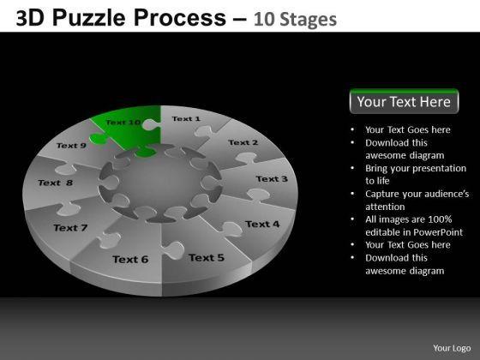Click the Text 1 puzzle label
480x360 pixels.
point(186,119)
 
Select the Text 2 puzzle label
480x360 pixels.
point(243,142)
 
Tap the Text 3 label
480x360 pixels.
point(272,179)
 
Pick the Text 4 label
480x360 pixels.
point(262,224)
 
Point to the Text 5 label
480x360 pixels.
point(207,258)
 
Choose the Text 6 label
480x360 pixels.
point(130,260)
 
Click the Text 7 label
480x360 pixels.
point(70,228)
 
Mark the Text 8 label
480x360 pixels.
point(56,183)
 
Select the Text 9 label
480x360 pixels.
point(71,146)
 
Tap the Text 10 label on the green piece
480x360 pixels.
point(123,123)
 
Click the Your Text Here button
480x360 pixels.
point(404,101)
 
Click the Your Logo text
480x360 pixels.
point(452,348)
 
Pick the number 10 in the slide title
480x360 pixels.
point(263,19)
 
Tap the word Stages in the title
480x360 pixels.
point(309,20)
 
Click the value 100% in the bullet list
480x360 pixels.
point(440,219)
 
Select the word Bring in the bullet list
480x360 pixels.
point(376,168)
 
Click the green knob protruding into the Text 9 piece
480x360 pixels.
point(99,138)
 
